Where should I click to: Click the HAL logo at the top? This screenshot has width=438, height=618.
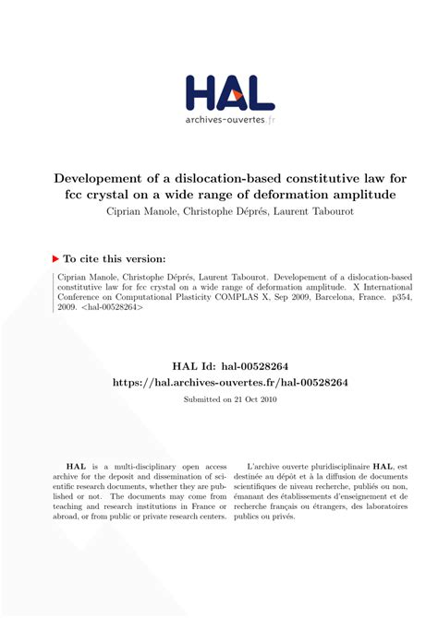pyautogui.click(x=229, y=93)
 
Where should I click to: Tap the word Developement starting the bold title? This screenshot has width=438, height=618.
pyautogui.click(x=79, y=178)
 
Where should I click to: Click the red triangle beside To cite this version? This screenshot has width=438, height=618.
pyautogui.click(x=55, y=259)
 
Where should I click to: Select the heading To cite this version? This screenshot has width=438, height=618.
pyautogui.click(x=115, y=259)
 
